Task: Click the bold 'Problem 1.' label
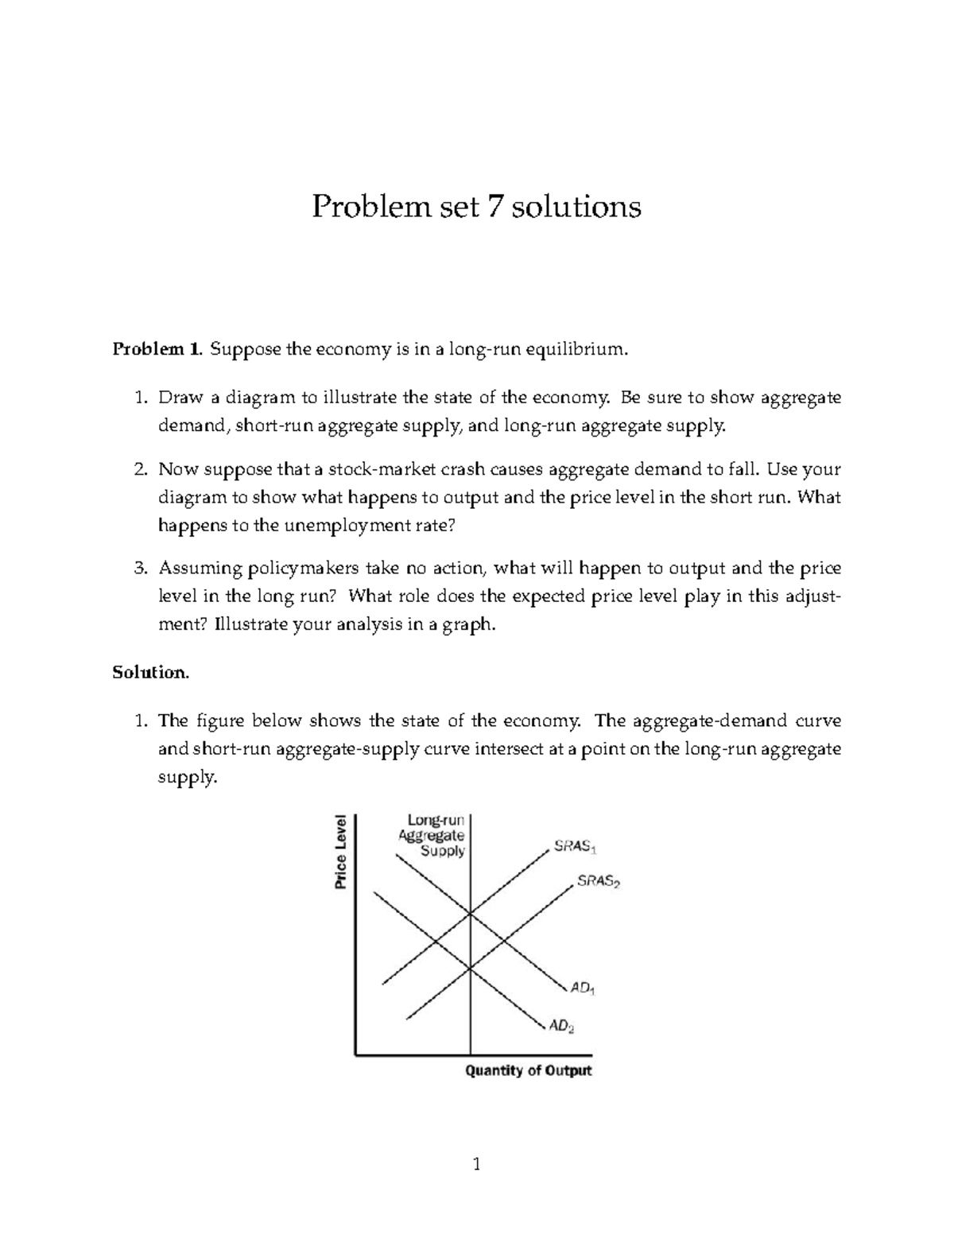(157, 349)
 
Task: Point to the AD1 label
(582, 988)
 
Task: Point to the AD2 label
(561, 1026)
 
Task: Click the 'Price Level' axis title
(341, 852)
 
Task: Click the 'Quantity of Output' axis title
(528, 1070)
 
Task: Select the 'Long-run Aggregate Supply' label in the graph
(432, 834)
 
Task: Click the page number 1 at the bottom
(476, 1166)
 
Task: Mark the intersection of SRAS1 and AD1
(471, 914)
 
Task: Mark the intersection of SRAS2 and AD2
(471, 968)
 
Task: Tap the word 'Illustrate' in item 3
(251, 624)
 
